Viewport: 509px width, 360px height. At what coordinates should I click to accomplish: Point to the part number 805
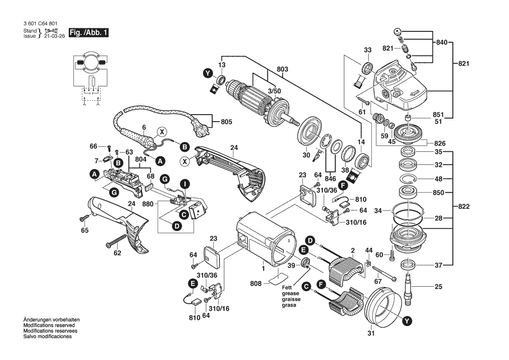pyautogui.click(x=226, y=122)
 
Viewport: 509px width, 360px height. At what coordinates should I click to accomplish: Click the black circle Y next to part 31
pyautogui.click(x=406, y=321)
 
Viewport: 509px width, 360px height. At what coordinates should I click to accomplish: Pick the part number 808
pyautogui.click(x=256, y=283)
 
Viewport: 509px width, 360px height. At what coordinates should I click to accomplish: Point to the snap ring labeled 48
pyautogui.click(x=409, y=179)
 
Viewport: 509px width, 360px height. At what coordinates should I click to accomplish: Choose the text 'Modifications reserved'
pyautogui.click(x=49, y=326)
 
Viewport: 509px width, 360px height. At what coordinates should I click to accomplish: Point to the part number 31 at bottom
pyautogui.click(x=371, y=335)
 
